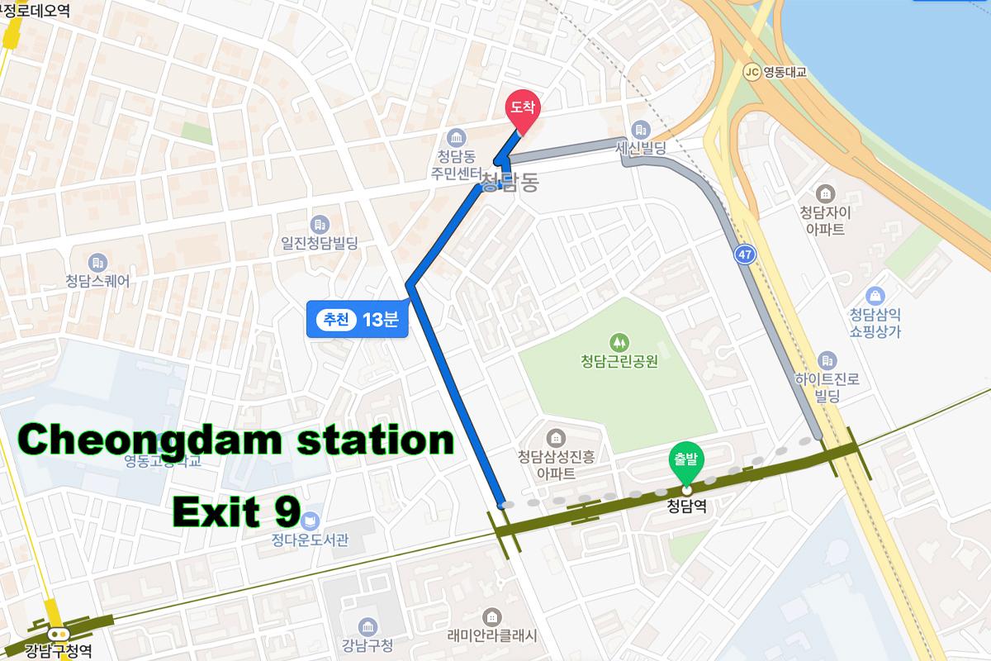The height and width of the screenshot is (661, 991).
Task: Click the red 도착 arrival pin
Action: click(522, 110)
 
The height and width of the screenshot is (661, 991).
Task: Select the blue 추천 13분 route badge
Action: click(358, 320)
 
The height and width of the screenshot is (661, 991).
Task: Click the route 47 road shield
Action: click(745, 254)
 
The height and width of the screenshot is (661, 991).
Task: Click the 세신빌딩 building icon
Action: click(640, 130)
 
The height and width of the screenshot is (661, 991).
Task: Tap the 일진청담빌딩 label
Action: click(320, 244)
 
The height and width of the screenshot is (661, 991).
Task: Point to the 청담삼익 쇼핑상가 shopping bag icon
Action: click(875, 296)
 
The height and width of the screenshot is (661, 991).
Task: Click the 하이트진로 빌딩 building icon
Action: click(827, 360)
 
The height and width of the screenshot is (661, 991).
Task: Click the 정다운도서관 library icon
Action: click(310, 521)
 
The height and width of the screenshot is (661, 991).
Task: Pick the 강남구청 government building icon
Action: click(367, 625)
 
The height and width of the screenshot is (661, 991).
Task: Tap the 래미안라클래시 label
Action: click(492, 635)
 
